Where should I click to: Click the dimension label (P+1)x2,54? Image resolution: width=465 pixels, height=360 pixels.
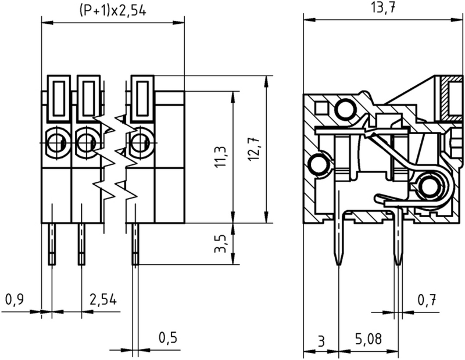pos(110,10)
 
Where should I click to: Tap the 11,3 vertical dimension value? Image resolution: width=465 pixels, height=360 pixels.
pos(220,157)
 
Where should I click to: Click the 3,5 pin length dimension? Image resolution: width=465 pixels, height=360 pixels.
pos(220,244)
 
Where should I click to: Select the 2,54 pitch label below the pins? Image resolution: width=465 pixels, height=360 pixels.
pos(103,300)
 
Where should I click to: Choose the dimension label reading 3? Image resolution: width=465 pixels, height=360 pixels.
pos(321,339)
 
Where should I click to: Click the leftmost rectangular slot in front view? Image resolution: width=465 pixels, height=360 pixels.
pos(59,98)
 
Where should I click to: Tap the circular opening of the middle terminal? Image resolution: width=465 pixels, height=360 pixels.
pos(85,141)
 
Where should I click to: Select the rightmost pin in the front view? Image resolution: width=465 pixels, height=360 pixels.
pos(135,244)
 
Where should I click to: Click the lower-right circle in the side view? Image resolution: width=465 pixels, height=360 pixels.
pos(430,186)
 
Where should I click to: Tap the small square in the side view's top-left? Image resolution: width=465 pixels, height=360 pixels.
pos(320,107)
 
